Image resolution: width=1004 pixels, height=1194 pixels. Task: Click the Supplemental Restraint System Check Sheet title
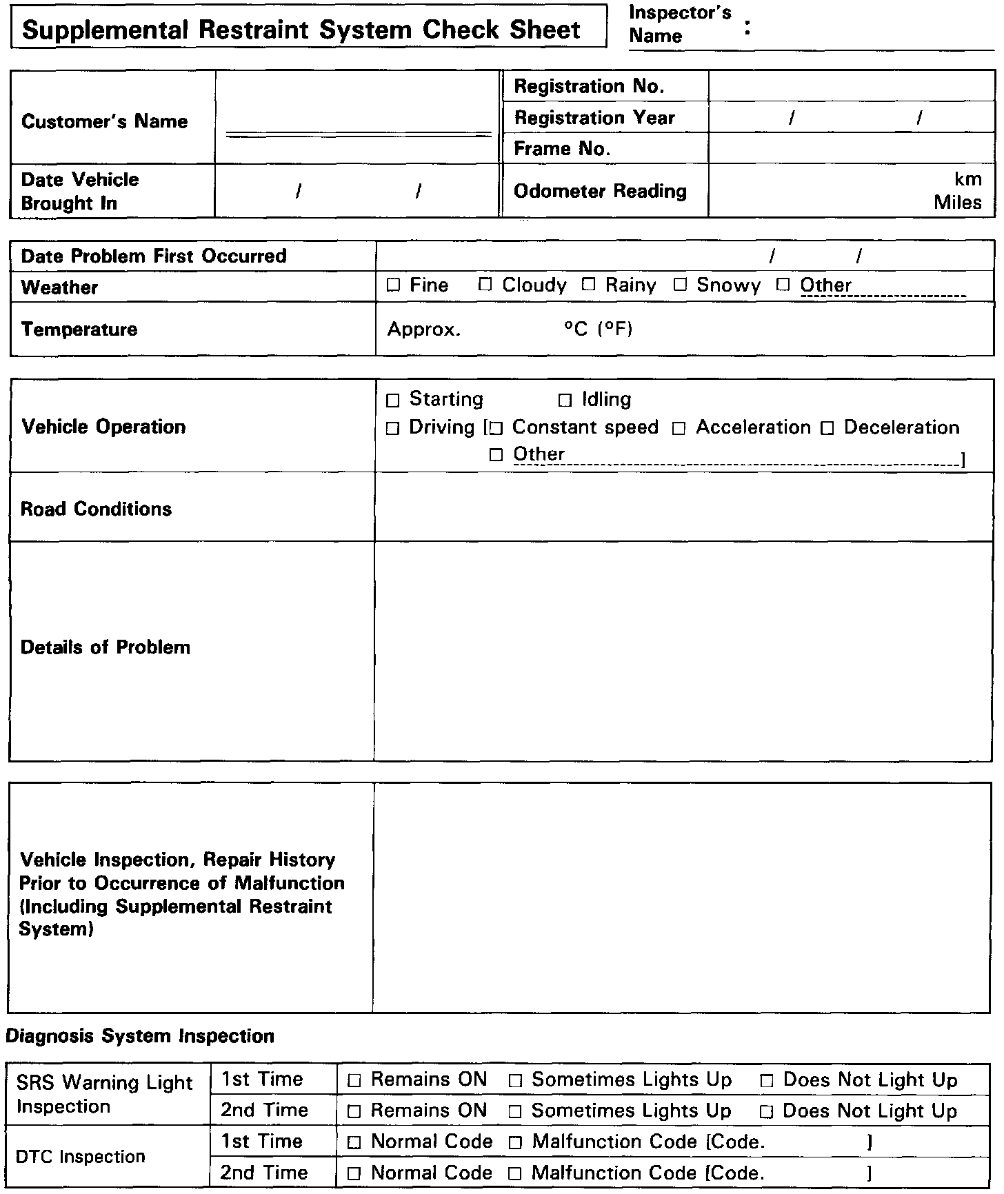301,30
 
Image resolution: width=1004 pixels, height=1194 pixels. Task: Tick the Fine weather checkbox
394,285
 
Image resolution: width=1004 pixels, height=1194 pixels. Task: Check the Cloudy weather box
485,285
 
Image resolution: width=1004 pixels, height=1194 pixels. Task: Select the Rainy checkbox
588,285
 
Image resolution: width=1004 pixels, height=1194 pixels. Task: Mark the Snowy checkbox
681,285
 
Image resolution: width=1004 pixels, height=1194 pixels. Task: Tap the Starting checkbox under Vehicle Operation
393,400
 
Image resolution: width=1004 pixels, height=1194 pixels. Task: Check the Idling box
565,400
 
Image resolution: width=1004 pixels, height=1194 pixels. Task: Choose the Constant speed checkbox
496,428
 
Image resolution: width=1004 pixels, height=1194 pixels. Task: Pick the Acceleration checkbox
679,428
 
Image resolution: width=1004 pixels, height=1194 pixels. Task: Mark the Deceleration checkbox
827,428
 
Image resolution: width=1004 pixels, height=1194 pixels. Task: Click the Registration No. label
589,86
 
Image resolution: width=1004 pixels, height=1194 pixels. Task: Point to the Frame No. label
562,149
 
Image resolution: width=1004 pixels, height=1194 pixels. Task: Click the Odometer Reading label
600,191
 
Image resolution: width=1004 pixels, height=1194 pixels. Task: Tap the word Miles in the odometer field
958,203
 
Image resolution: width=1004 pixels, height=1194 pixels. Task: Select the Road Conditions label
96,509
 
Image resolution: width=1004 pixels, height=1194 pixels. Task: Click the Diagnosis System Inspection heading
140,1036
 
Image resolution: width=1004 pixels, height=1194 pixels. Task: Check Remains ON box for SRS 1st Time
354,1081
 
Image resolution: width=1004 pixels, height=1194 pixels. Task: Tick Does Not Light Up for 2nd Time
766,1112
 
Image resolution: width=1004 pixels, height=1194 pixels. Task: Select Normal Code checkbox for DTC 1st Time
354,1143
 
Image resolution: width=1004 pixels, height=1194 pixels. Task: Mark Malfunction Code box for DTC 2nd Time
515,1174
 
